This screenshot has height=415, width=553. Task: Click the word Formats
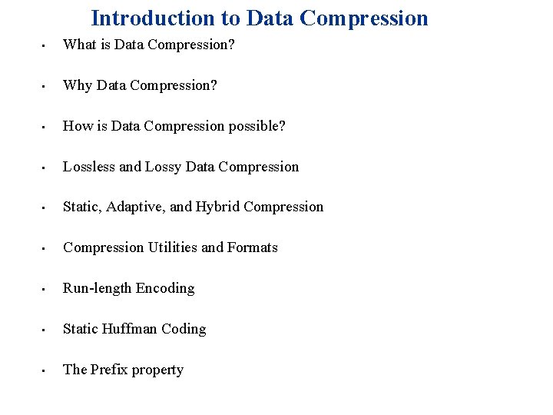coord(253,247)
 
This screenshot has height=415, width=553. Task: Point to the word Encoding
coord(165,288)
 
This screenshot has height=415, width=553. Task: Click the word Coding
coord(184,329)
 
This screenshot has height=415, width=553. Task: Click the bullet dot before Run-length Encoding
coord(45,290)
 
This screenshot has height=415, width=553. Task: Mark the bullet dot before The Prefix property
coord(45,371)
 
